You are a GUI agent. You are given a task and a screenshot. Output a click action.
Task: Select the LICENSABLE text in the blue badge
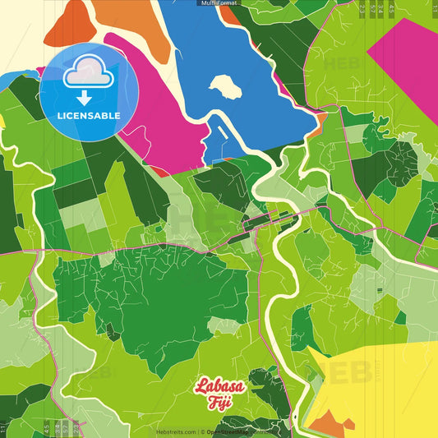tap(89, 116)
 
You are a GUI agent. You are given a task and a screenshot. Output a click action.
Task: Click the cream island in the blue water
tap(224, 86)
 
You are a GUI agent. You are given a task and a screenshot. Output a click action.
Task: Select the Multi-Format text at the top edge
tap(219, 3)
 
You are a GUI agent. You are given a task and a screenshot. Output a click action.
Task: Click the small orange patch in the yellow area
tap(327, 424)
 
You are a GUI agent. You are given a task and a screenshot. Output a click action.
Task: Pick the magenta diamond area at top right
tap(407, 58)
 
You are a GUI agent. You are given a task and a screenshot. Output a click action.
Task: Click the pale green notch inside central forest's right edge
tap(227, 324)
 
